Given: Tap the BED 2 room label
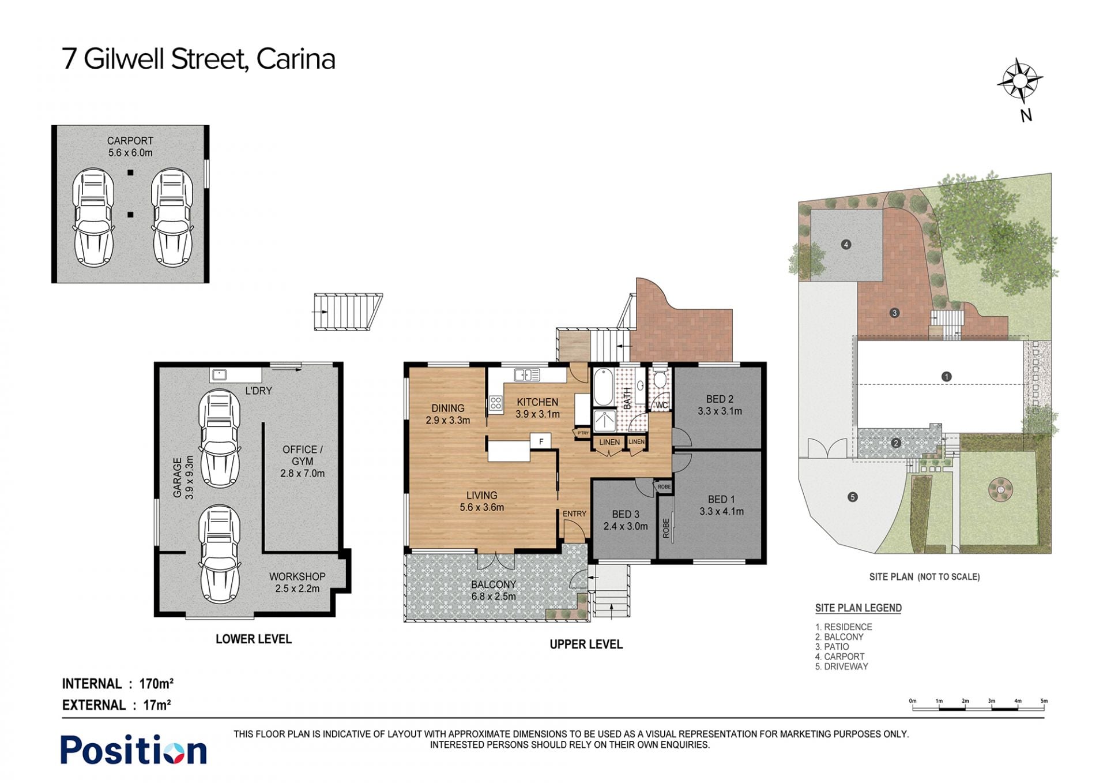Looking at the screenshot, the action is pos(720,399).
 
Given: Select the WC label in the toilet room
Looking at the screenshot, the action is pos(661,405).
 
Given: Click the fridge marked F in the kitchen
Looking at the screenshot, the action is pos(541,441).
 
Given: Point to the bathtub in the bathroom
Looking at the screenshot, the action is pos(604,387).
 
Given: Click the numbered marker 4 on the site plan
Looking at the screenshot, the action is pos(846,245).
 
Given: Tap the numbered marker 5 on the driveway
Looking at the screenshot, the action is pos(853,497).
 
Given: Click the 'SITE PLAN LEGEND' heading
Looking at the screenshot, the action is pos(858,608).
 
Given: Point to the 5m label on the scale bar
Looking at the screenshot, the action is pos(1044,701).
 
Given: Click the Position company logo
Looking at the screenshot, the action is pos(134,750).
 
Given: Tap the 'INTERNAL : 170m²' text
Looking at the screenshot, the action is pos(118,684).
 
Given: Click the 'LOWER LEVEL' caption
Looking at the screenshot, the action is pos(254,639).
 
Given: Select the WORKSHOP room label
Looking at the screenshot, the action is pos(297,576).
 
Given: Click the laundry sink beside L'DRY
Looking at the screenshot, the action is pos(219,375).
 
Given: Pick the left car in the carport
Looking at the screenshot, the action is pos(93,217).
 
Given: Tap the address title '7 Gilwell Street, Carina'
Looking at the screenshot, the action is pos(198,59).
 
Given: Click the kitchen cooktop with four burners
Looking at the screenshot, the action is pos(495,403).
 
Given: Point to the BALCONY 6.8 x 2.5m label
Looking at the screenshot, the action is pos(494,590).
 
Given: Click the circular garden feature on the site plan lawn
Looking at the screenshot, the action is pos(1000,490).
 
